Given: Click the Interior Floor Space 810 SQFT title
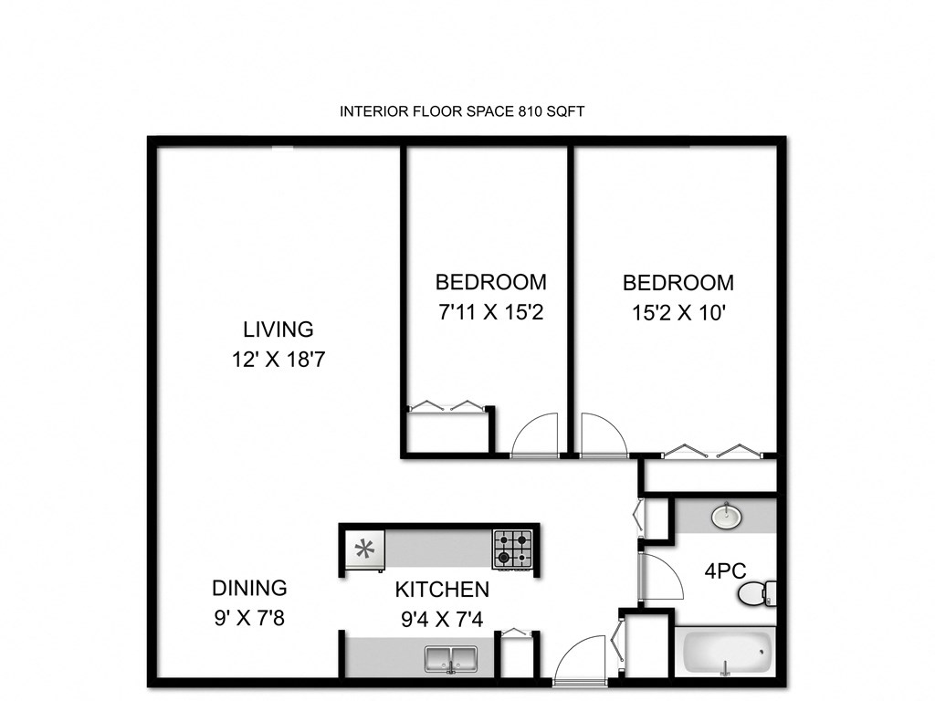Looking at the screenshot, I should pos(462,111).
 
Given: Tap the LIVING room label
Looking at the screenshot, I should pos(278,329).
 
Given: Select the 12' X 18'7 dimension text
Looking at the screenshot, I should pos(278,360).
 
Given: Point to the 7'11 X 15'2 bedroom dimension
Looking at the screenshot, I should pos(490,313).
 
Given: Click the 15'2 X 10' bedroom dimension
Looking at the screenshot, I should pos(678,313).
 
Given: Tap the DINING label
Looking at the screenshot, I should pos(249,588).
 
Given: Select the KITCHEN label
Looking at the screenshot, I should pos(442,590).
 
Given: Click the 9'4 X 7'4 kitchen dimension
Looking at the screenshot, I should pos(442,620).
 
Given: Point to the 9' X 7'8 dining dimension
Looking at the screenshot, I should pos(249,619).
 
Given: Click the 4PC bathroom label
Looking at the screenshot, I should pos(726,571).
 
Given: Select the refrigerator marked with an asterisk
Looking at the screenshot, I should pos(364,549).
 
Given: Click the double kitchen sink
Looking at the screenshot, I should pos(452,658).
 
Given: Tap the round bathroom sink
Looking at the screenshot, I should pos(726,517).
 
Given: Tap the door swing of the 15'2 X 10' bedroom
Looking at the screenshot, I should pos(603,434).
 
